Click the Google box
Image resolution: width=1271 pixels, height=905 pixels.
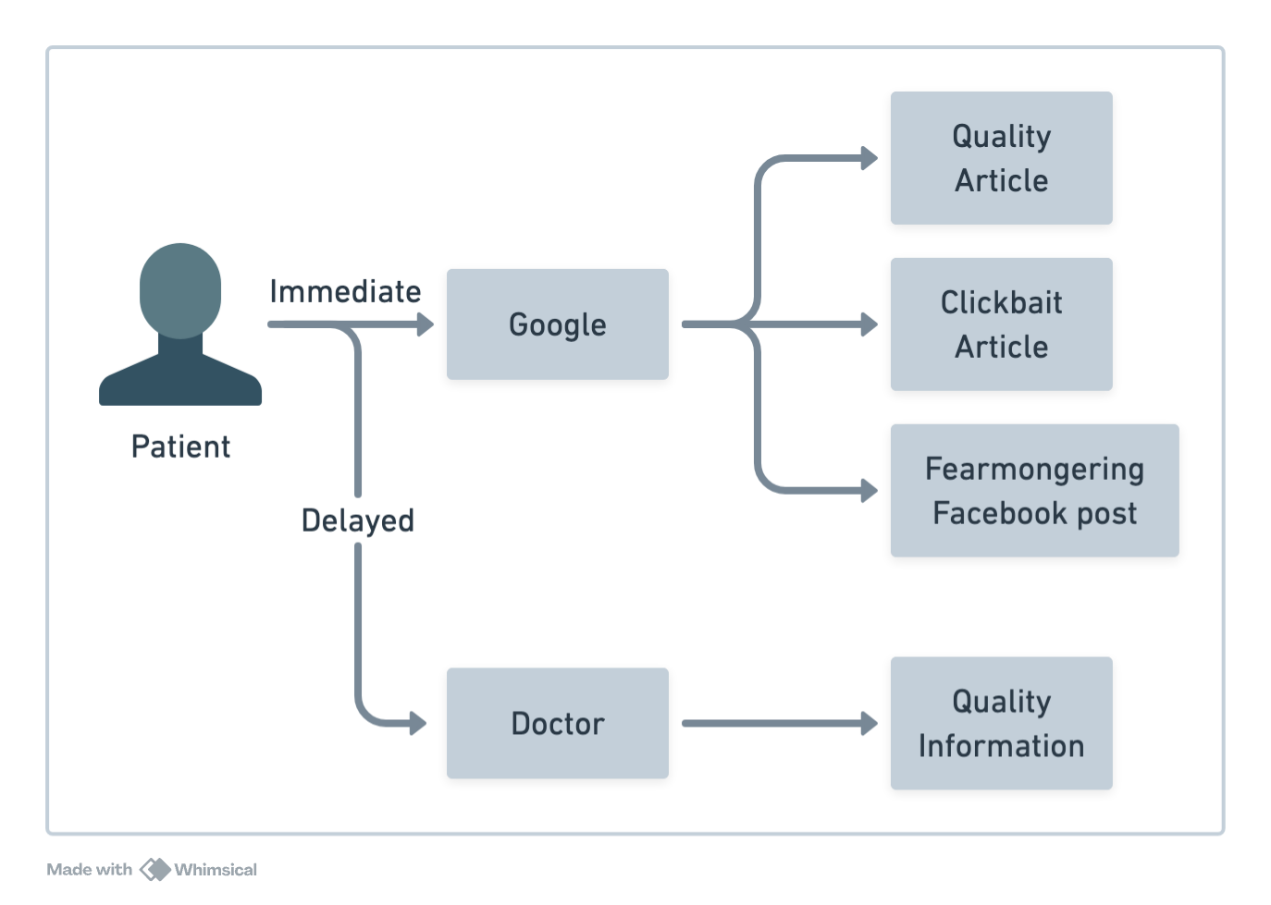557,324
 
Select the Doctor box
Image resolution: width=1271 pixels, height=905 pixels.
557,723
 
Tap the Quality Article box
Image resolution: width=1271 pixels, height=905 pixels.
1001,158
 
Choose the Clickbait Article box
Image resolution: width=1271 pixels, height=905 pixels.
1001,324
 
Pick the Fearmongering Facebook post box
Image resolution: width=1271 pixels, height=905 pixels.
1034,490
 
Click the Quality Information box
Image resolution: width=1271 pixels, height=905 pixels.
1001,723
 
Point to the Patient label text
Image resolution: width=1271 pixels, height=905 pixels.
181,446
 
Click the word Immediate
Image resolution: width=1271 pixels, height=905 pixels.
345,291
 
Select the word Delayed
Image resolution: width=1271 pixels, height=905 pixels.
358,520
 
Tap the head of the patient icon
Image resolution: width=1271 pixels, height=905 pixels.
180,288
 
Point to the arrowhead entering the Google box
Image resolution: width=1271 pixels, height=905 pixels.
426,324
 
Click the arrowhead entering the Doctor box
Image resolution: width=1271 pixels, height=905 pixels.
419,723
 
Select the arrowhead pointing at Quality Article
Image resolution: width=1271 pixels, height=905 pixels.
870,158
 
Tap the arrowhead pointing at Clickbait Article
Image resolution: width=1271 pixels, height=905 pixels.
870,324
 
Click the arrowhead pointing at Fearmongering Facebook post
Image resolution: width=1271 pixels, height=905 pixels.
870,490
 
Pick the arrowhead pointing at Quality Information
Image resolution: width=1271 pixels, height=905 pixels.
870,723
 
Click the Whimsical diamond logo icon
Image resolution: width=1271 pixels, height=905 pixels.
155,870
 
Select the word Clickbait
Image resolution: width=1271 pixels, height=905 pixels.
1001,302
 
